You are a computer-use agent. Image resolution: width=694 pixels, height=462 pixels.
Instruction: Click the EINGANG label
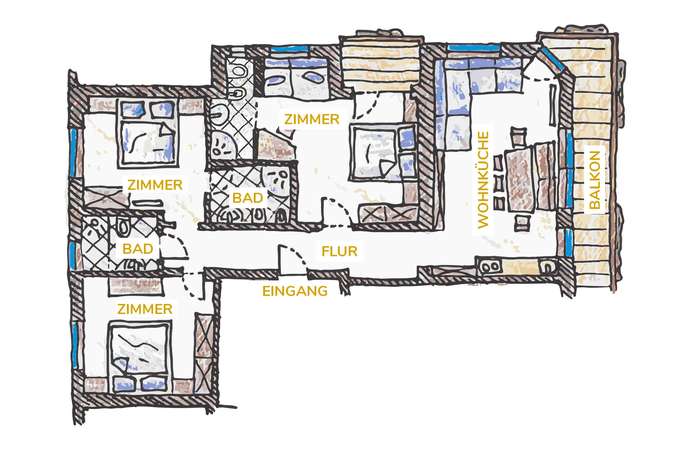click(x=295, y=291)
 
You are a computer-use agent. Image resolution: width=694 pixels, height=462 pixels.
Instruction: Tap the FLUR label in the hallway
click(x=339, y=251)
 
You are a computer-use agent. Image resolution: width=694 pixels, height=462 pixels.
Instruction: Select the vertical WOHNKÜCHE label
click(x=483, y=180)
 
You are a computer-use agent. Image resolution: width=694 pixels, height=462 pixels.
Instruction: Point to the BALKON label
click(x=595, y=180)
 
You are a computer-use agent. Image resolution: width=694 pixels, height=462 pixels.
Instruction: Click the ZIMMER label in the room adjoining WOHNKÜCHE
click(x=312, y=119)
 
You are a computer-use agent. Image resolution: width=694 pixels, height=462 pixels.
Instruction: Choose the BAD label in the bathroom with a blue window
click(x=138, y=249)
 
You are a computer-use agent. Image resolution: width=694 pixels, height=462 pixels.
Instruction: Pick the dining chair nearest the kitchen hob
click(x=521, y=222)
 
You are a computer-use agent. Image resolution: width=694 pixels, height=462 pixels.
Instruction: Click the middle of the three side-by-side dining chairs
click(x=499, y=183)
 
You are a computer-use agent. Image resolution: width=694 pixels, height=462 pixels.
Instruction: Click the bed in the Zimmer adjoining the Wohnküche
click(x=384, y=152)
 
